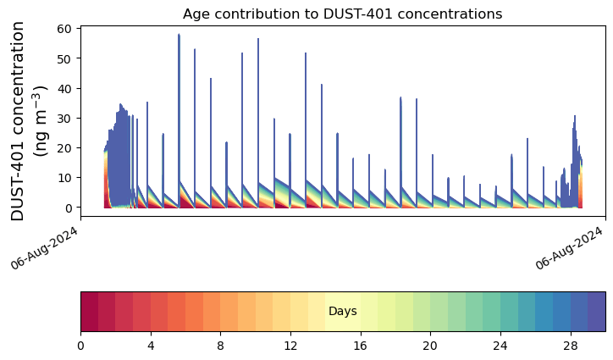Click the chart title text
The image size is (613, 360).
[x=342, y=14]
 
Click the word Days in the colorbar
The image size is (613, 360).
[x=343, y=312]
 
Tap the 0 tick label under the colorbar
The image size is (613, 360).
[x=80, y=346]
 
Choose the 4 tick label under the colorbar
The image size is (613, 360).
[x=151, y=346]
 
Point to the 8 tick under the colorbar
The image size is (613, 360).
[x=220, y=346]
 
